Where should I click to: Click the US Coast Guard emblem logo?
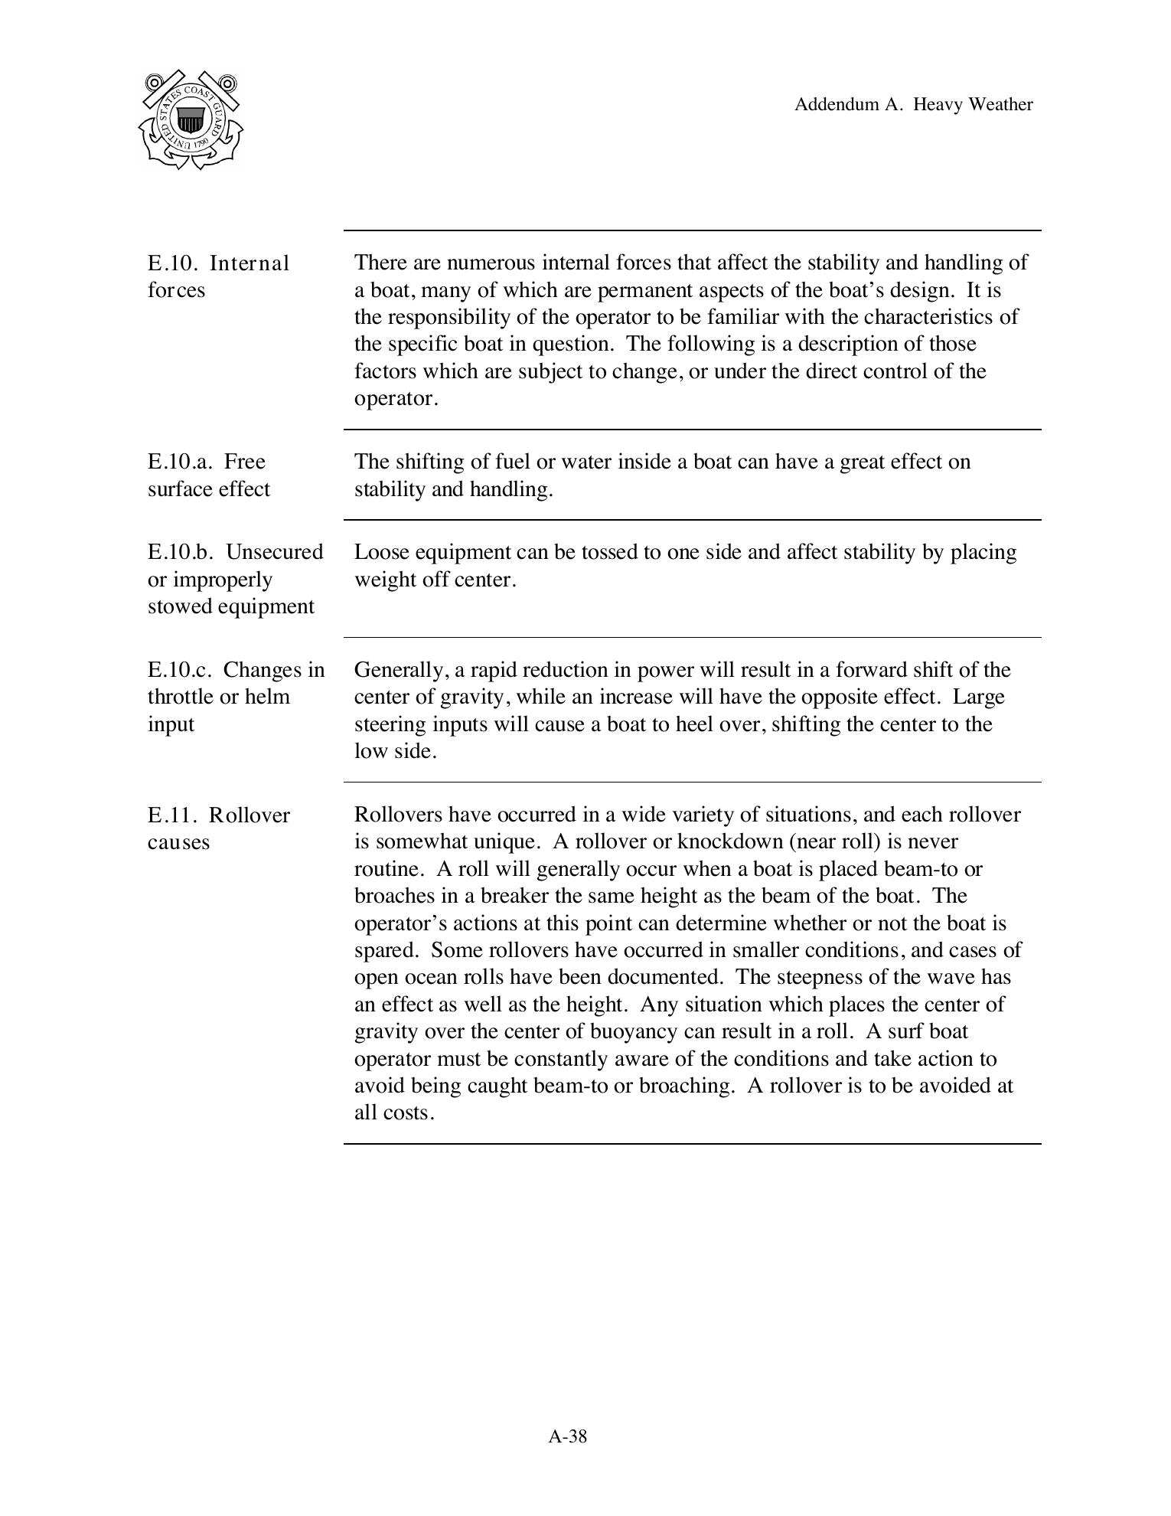tap(191, 120)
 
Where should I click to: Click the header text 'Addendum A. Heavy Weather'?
tap(913, 105)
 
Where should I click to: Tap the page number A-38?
tap(567, 1436)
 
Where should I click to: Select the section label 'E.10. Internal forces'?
tap(218, 276)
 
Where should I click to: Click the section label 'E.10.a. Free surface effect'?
tap(208, 475)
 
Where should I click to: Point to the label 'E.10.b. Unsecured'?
tap(235, 552)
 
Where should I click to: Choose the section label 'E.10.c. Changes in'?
tap(236, 670)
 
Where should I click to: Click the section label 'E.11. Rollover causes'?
tap(218, 828)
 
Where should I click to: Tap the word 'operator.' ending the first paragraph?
tap(396, 399)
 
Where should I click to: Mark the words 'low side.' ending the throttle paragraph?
tap(395, 752)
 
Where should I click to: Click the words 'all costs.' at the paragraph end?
tap(394, 1113)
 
